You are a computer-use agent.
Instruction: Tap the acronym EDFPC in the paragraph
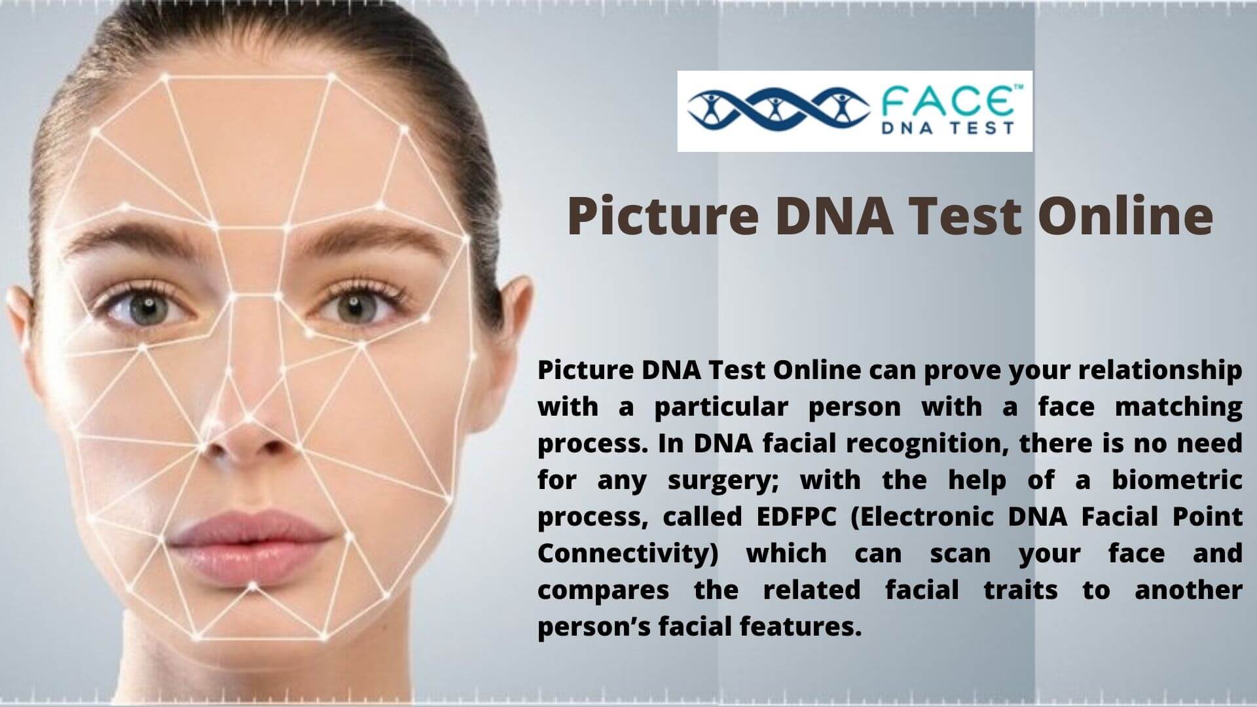coord(796,517)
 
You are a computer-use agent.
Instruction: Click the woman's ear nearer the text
coord(514,340)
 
